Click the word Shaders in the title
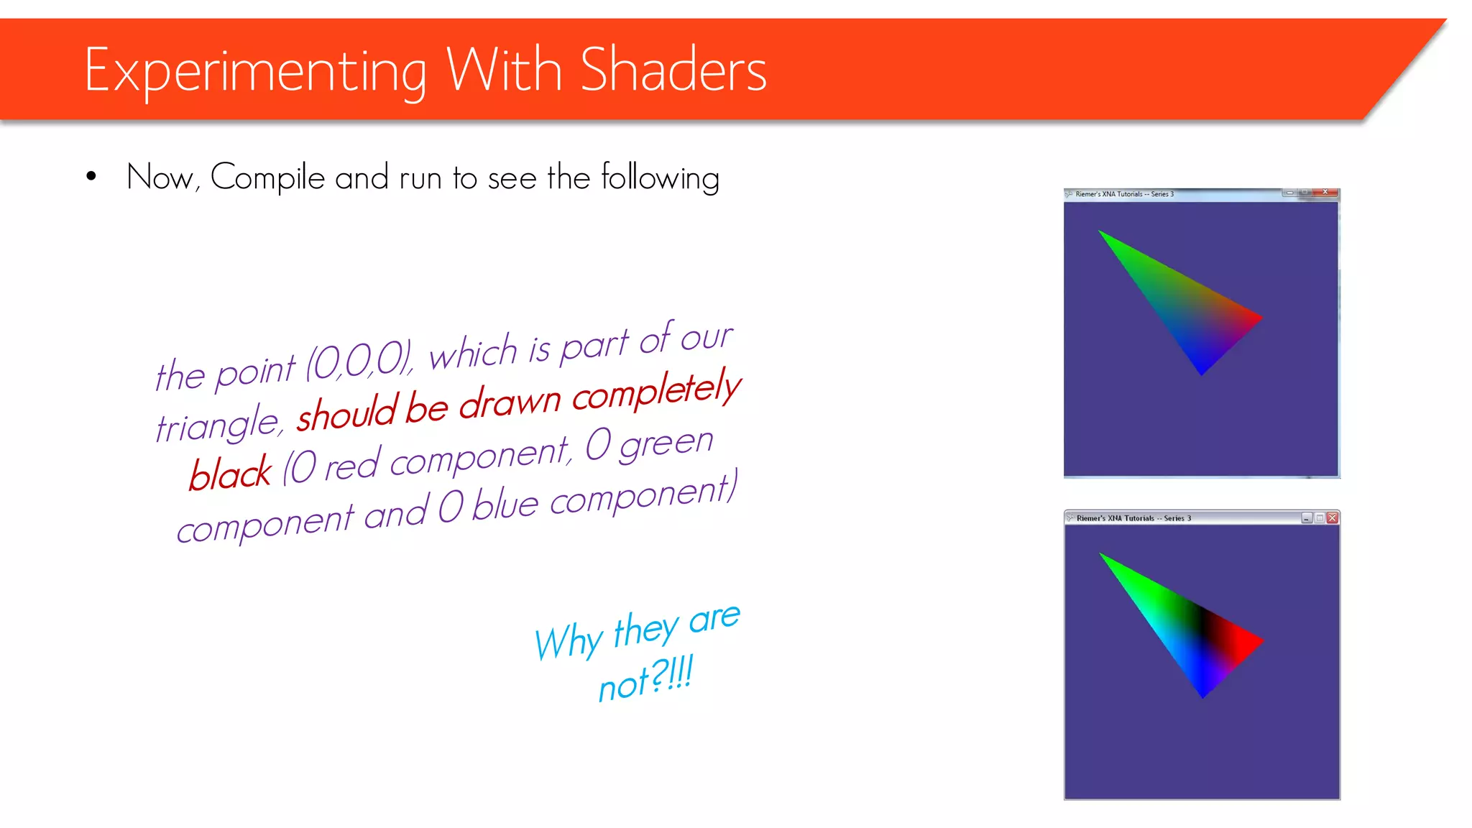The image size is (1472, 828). pyautogui.click(x=673, y=70)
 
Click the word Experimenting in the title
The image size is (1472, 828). pyautogui.click(x=255, y=72)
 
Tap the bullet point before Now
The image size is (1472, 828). pyautogui.click(x=91, y=177)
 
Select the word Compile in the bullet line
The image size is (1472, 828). pyautogui.click(x=267, y=178)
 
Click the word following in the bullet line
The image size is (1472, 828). pyautogui.click(x=660, y=178)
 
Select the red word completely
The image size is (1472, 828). pyautogui.click(x=655, y=392)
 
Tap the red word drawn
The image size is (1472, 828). pyautogui.click(x=509, y=402)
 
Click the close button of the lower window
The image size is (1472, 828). pyautogui.click(x=1332, y=517)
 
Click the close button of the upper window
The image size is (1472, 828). pyautogui.click(x=1325, y=193)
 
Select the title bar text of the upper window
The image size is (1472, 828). pyautogui.click(x=1124, y=194)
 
